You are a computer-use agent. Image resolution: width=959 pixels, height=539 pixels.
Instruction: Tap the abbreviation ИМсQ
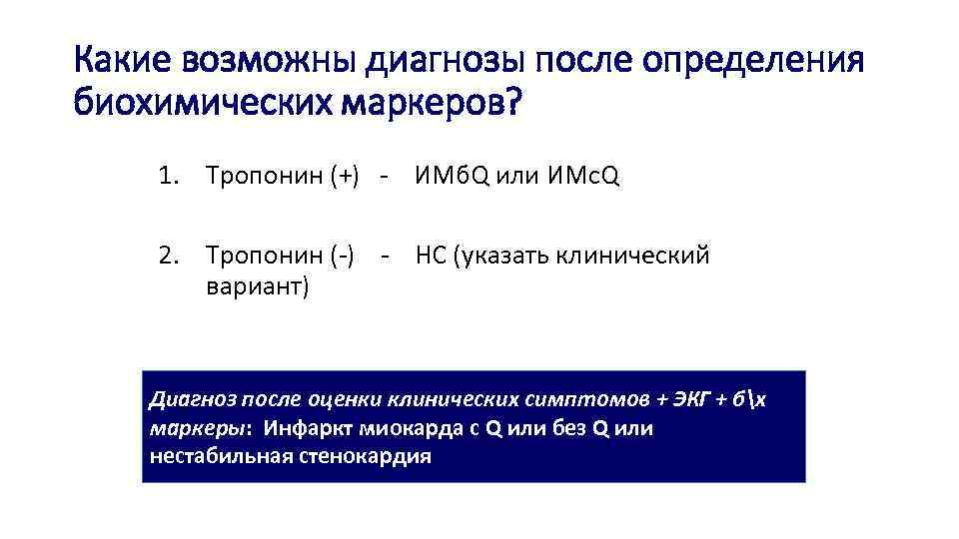pyautogui.click(x=584, y=178)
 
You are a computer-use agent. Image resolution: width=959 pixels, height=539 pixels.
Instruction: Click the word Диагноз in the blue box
pyautogui.click(x=188, y=401)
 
